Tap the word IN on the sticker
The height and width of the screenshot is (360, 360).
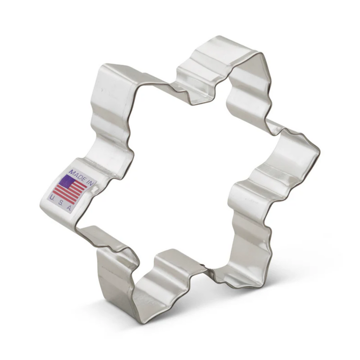point(90,182)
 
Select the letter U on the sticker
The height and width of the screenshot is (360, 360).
point(52,198)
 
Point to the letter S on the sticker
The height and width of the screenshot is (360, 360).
point(60,203)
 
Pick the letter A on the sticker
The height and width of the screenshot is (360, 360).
point(69,208)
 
